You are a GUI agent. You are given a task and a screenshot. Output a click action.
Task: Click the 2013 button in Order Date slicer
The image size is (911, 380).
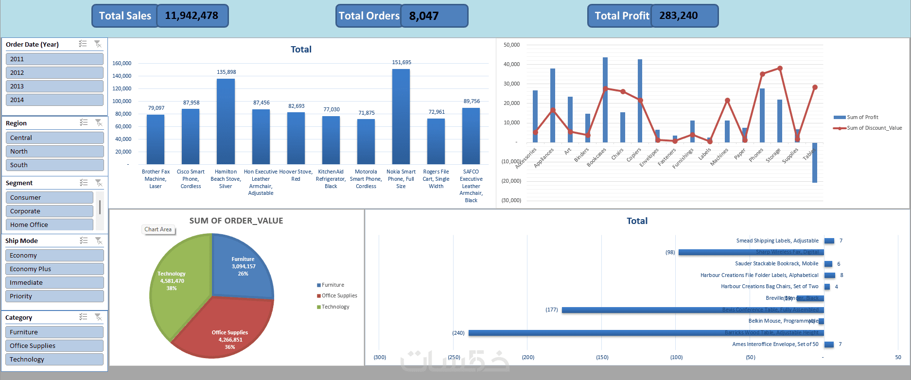pyautogui.click(x=54, y=86)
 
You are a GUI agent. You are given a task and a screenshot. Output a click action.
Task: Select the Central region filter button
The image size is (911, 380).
pyautogui.click(x=54, y=138)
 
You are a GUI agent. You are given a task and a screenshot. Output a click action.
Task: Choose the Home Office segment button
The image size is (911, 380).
pyautogui.click(x=49, y=225)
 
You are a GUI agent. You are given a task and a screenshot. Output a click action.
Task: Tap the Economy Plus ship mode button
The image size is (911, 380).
pyautogui.click(x=54, y=269)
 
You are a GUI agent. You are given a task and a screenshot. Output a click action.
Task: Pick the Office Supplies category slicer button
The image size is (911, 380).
pyautogui.click(x=54, y=345)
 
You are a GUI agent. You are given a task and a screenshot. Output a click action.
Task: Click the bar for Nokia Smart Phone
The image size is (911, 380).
pyautogui.click(x=401, y=117)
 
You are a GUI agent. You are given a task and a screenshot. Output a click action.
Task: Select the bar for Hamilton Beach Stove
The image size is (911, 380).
pyautogui.click(x=226, y=121)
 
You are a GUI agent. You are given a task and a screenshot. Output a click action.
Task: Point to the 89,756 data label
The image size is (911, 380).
pyautogui.click(x=472, y=101)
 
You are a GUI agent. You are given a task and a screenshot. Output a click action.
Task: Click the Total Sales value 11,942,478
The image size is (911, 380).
pyautogui.click(x=192, y=16)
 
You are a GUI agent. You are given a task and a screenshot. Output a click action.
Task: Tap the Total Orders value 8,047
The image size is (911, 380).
pyautogui.click(x=424, y=16)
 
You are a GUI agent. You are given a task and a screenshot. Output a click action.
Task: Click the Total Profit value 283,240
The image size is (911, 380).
pyautogui.click(x=679, y=16)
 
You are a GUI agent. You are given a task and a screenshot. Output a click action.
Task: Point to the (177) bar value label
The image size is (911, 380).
pyautogui.click(x=551, y=310)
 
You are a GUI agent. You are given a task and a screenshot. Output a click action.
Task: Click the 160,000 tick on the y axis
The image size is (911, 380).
pyautogui.click(x=122, y=63)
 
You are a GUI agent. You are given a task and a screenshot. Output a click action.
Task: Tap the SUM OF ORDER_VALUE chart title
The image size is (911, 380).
pyautogui.click(x=236, y=221)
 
